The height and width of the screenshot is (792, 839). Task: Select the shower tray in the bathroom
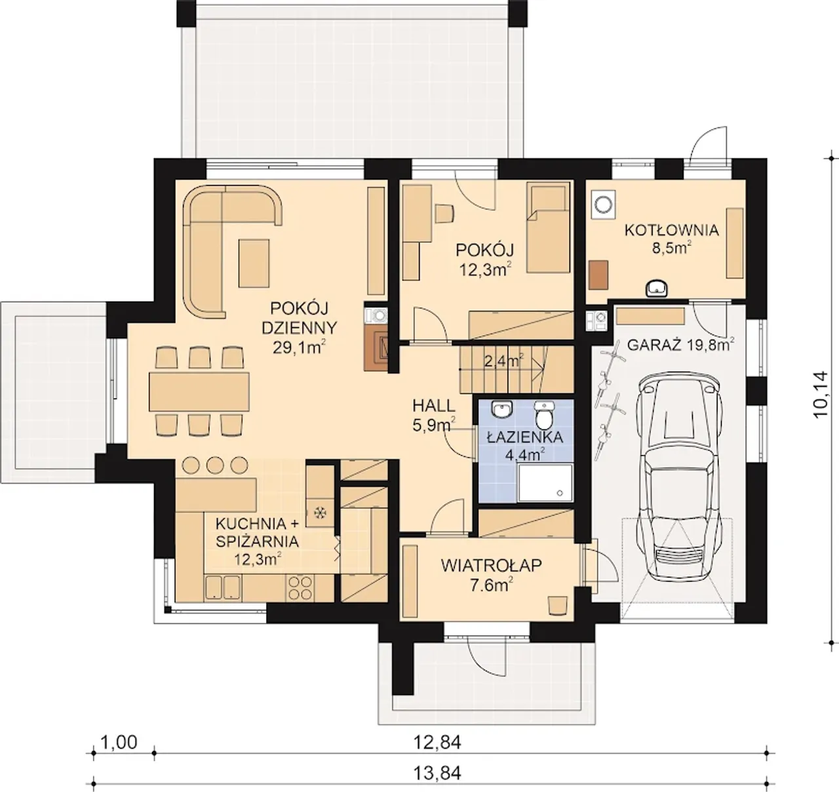545,483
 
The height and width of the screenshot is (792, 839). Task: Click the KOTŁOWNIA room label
671,230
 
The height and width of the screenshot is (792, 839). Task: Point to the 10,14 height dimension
820,394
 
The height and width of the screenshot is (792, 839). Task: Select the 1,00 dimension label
119,742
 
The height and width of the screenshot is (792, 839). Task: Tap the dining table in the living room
199,391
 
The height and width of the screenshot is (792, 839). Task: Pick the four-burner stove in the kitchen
300,587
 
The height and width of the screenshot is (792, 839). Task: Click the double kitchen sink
223,587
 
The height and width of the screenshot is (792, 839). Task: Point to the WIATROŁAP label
492,565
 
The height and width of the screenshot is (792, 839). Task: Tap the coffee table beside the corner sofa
254,264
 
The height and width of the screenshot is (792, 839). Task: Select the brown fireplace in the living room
375,350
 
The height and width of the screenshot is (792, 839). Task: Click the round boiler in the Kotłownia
603,205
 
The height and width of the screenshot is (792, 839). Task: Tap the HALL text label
434,406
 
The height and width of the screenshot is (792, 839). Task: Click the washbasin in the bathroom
502,409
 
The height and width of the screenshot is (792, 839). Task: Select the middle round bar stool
214,465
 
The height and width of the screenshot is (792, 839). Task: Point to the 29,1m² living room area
299,347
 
